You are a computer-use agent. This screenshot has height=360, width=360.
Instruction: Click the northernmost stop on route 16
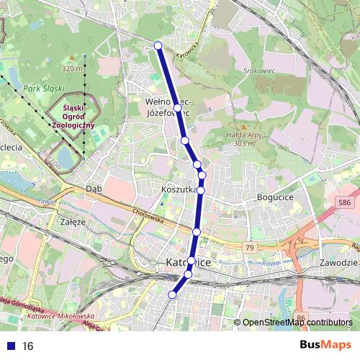tap(158, 46)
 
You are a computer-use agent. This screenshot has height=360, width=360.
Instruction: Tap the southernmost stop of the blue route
tap(172, 294)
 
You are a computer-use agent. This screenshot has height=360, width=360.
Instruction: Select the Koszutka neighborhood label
tap(180, 189)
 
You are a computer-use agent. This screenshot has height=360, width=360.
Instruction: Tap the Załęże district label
tap(74, 222)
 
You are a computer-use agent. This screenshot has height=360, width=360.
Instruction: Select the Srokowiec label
tap(259, 72)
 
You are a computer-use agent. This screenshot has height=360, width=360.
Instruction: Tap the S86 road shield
tap(346, 204)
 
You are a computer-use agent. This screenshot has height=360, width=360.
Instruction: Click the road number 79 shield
tap(250, 248)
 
